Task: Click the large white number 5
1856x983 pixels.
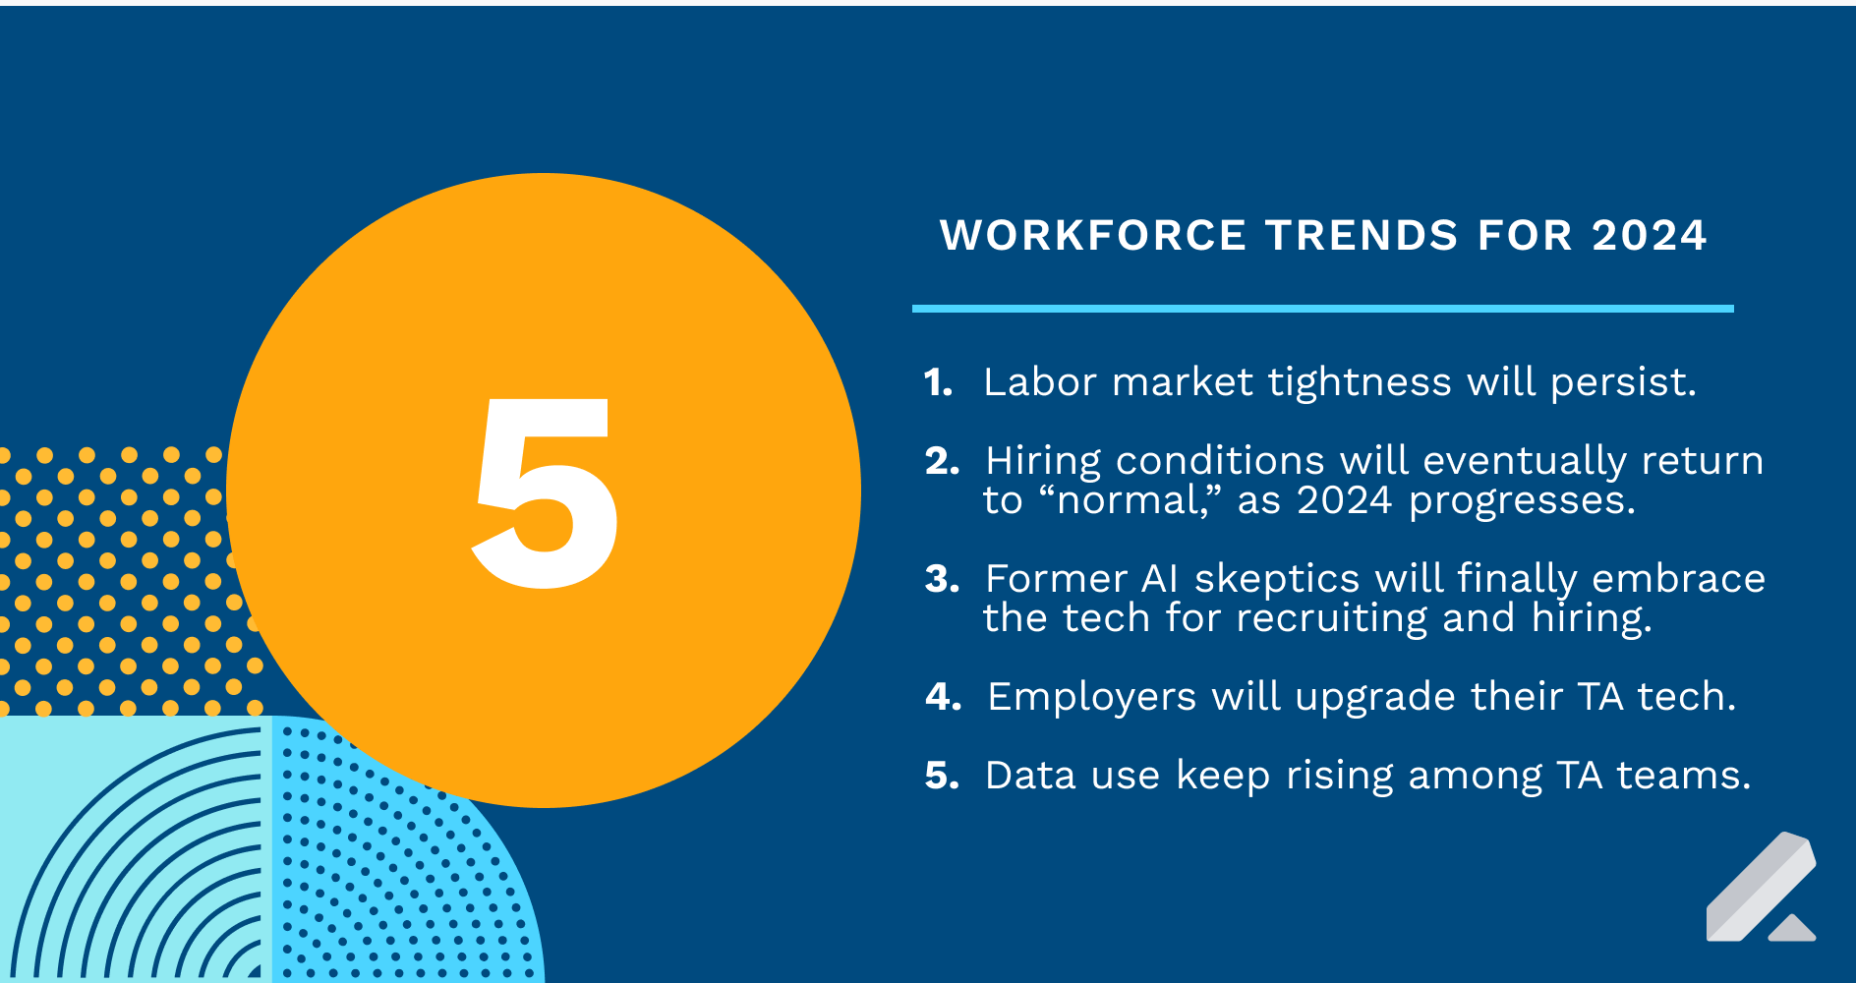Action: [546, 491]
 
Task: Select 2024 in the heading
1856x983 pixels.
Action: [1649, 236]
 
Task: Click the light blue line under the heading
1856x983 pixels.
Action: [1322, 309]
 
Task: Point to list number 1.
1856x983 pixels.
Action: [938, 382]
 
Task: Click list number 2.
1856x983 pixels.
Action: [942, 461]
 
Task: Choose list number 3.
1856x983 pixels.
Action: [942, 579]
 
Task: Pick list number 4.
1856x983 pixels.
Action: [943, 697]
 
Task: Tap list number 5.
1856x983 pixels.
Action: [942, 776]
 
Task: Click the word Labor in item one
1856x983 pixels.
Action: [1039, 382]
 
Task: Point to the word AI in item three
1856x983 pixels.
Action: [1160, 579]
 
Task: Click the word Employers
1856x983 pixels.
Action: [1091, 697]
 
